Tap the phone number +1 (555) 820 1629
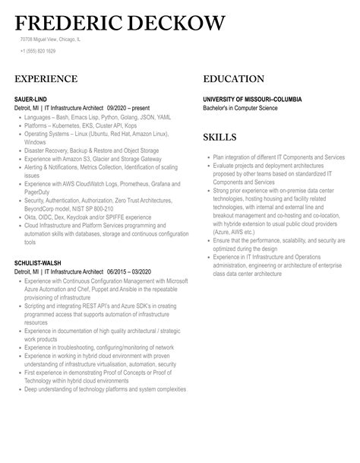coord(38,51)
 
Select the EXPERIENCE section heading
coord(46,79)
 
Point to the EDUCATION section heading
coord(234,79)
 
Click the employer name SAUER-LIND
coord(32,100)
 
